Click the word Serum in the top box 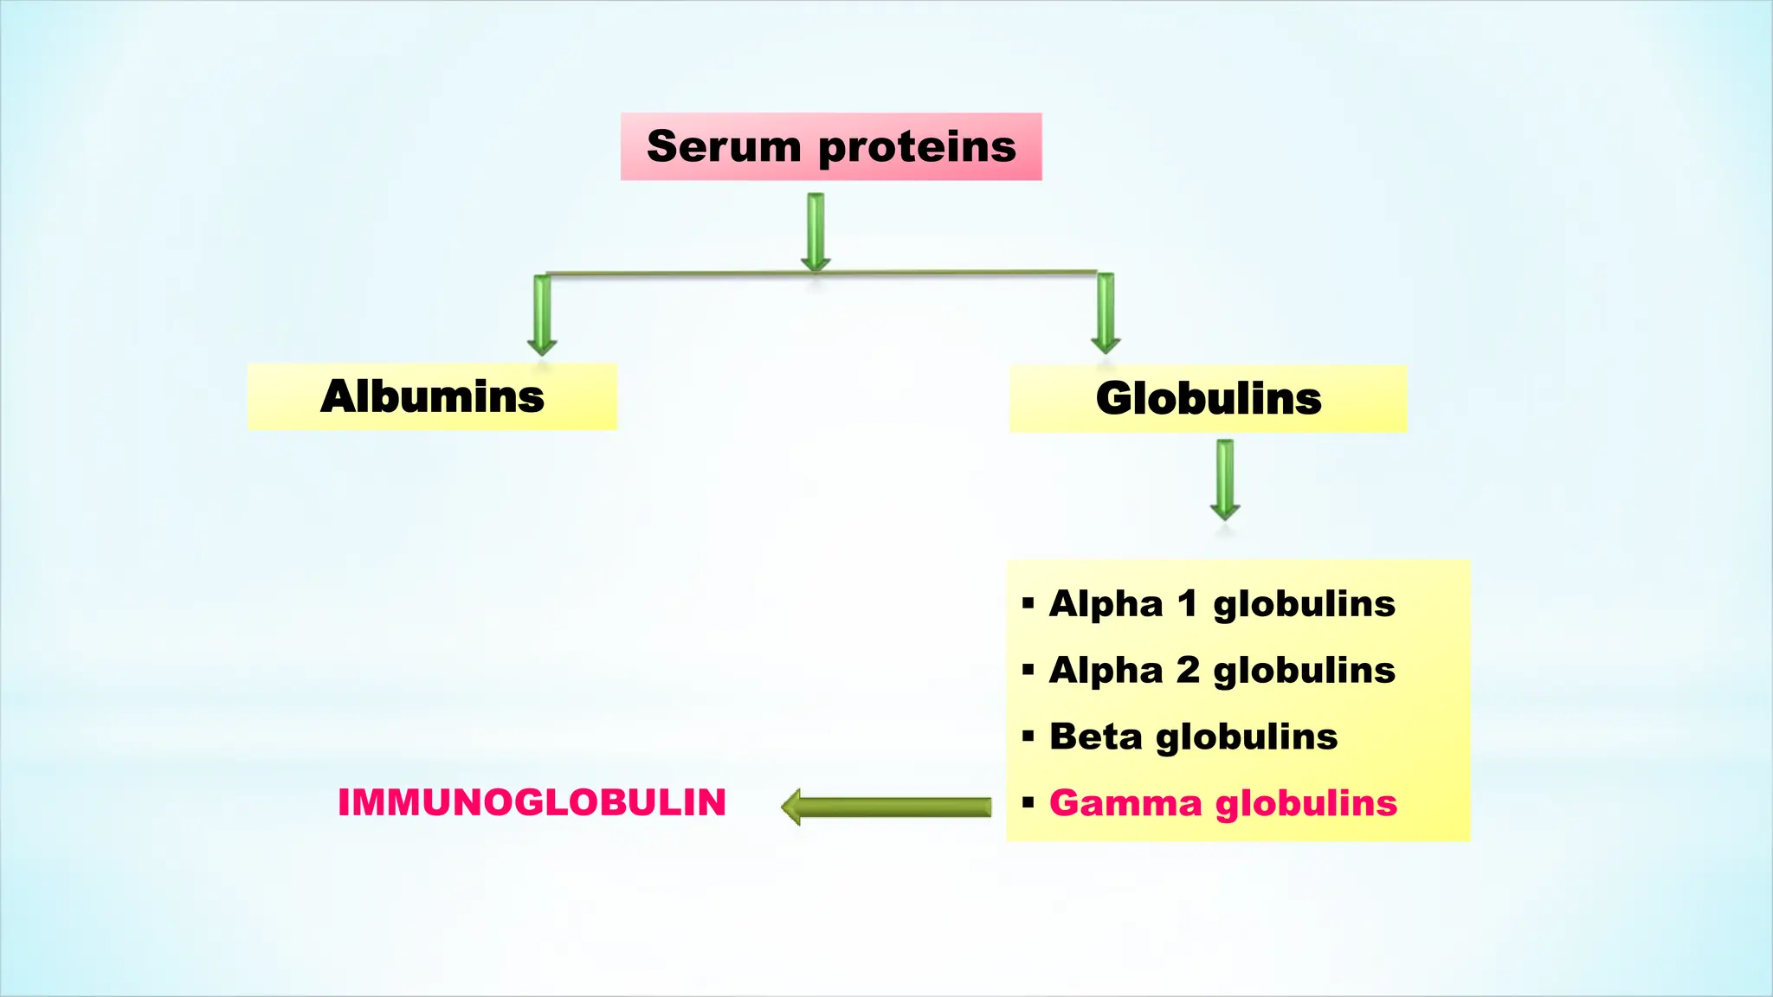pos(724,146)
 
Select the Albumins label pos(432,397)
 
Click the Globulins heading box pos(1208,399)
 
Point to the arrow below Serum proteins pos(816,232)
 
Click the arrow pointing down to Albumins pos(543,315)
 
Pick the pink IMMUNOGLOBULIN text pos(532,802)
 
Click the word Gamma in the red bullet pos(1125,803)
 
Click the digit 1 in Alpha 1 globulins pos(1187,603)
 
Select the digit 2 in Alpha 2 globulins pos(1187,670)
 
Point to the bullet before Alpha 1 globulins pos(1028,603)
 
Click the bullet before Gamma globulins pos(1028,803)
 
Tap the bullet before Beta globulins pos(1028,736)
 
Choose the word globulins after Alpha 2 pos(1304,672)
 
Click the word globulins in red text pos(1306,805)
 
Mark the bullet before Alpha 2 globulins pos(1028,670)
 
